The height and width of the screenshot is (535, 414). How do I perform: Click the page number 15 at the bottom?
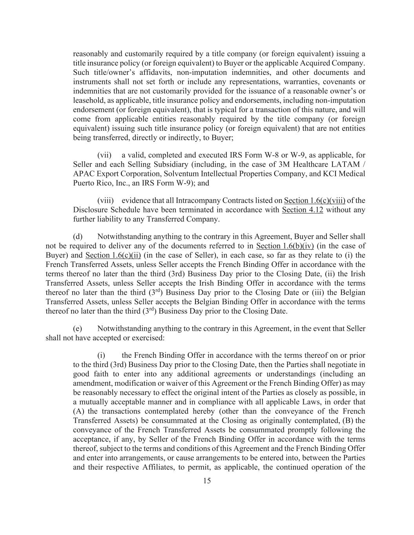tap(207, 481)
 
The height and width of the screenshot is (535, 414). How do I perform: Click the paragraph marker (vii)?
tap(104, 155)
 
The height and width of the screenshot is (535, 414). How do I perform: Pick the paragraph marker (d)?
tap(77, 236)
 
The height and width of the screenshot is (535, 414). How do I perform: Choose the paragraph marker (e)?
tap(77, 328)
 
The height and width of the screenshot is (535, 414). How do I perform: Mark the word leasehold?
tap(88, 100)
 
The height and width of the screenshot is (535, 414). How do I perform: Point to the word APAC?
tap(82, 174)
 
